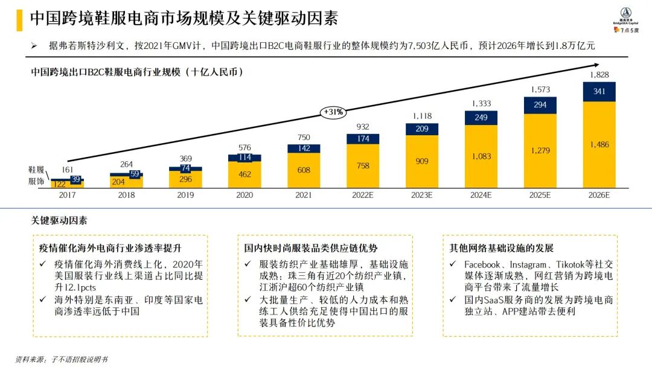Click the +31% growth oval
click(333, 112)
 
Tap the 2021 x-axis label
click(303, 196)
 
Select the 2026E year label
click(599, 196)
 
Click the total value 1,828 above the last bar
click(599, 74)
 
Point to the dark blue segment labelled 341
click(599, 91)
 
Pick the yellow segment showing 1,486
click(599, 144)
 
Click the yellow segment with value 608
click(303, 170)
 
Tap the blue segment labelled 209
click(421, 129)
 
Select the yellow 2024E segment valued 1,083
click(481, 156)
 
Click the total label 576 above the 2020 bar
click(244, 147)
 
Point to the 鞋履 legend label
click(36, 170)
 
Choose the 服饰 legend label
click(36, 180)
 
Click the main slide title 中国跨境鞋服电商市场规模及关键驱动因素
click(184, 18)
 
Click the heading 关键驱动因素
click(59, 221)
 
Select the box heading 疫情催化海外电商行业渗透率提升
click(110, 248)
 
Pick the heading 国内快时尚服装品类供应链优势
click(312, 248)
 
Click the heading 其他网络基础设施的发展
click(501, 248)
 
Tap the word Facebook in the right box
click(482, 264)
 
